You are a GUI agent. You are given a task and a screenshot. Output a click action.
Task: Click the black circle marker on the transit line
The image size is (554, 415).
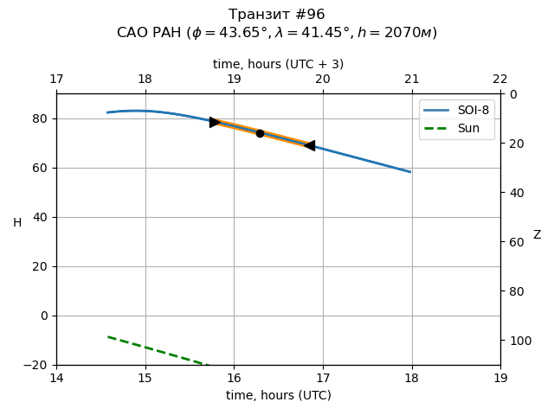pos(260,133)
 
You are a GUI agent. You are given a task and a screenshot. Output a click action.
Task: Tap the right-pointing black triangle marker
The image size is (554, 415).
pos(215,122)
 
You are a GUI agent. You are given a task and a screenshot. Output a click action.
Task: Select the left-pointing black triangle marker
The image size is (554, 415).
pos(309,145)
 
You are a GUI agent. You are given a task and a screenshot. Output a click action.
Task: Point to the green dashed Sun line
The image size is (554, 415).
pos(156,350)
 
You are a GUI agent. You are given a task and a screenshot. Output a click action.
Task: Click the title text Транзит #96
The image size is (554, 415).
pos(277,15)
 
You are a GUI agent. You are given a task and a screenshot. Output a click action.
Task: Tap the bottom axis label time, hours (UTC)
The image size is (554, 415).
pos(278,395)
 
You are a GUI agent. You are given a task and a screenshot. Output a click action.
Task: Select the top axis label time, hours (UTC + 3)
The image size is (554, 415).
pos(278,64)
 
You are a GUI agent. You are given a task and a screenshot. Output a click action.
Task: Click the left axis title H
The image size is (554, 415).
pos(17,223)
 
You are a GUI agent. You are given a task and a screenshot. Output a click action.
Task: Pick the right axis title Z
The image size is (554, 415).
pos(537,235)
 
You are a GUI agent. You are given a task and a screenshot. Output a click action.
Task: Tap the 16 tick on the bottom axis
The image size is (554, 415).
pos(234,378)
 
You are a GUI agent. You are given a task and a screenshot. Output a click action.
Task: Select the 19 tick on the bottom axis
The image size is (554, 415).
pos(500,378)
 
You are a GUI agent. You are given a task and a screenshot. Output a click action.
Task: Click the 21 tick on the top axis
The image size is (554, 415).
pos(411,80)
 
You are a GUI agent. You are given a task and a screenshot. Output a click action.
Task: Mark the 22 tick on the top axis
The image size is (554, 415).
pos(500,80)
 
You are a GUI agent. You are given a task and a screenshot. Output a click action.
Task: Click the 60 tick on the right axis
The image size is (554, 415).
pos(514,242)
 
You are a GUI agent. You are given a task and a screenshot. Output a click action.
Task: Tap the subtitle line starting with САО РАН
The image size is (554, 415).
pos(277,33)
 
